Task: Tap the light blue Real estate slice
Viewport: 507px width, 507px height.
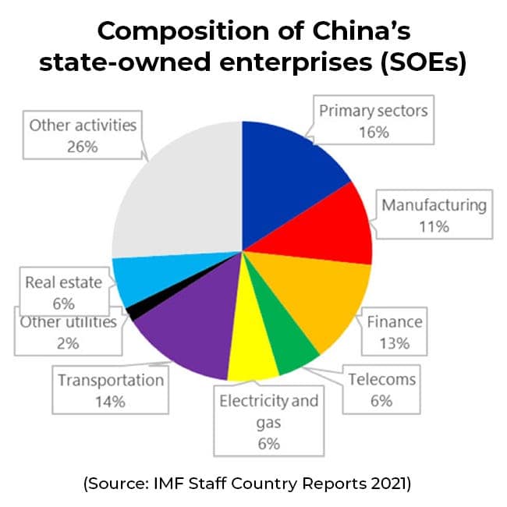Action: (x=136, y=281)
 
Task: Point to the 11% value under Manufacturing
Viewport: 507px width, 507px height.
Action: (x=434, y=226)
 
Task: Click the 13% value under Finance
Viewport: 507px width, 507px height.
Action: (x=395, y=341)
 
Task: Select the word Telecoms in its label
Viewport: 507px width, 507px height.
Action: (x=381, y=380)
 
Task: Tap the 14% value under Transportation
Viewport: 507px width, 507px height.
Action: (x=110, y=401)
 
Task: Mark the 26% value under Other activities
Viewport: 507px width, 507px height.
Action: (x=83, y=145)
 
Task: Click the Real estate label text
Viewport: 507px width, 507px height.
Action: (x=63, y=282)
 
